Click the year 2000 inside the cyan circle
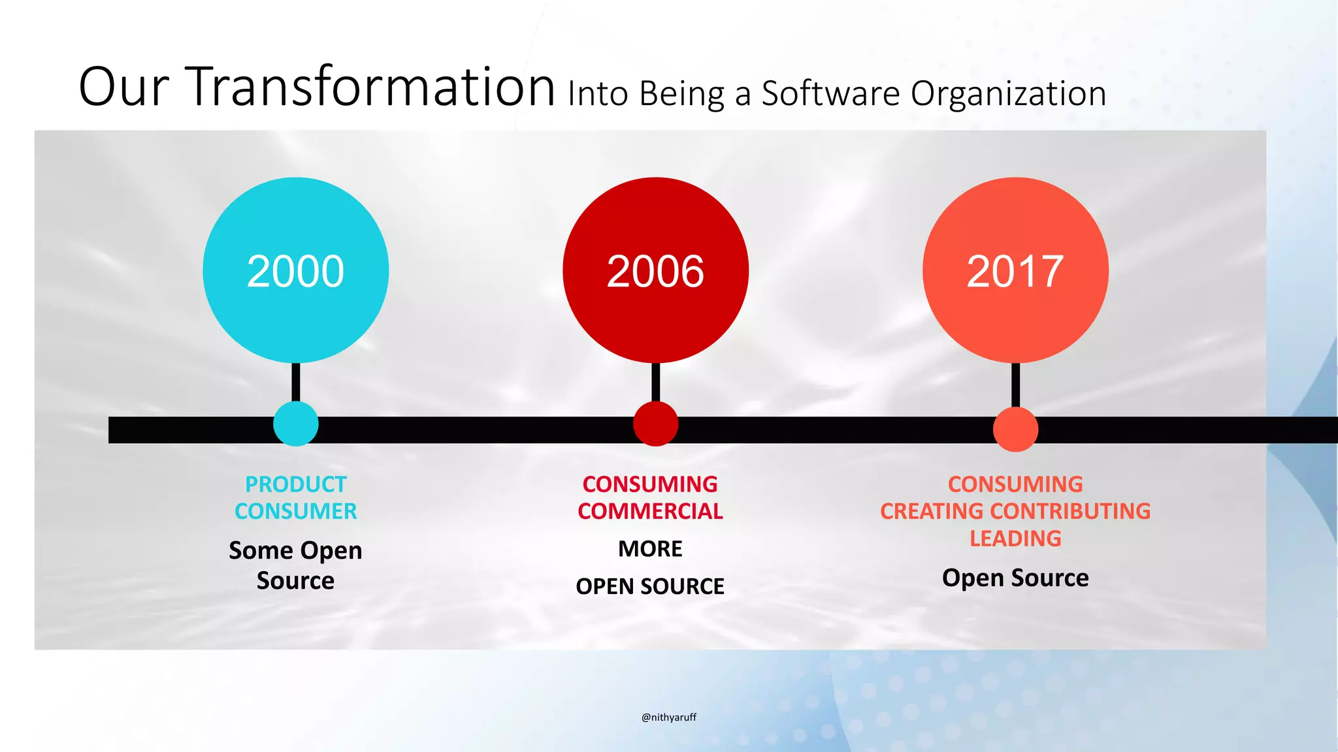click(x=295, y=272)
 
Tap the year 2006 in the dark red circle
click(x=655, y=272)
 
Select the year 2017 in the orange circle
click(x=1015, y=272)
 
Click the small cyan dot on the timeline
click(x=296, y=424)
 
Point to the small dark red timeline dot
click(x=655, y=424)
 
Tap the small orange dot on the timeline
click(x=1015, y=429)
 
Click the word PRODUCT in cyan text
click(x=295, y=484)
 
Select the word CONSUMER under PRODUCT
click(x=295, y=511)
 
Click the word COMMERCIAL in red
click(x=650, y=511)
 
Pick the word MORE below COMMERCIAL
click(x=650, y=549)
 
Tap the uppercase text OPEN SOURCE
click(x=650, y=586)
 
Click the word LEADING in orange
click(x=1015, y=539)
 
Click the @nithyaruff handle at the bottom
click(x=669, y=717)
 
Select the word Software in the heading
click(x=830, y=94)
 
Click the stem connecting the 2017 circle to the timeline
click(x=1015, y=385)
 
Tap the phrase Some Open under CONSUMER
click(x=295, y=551)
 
